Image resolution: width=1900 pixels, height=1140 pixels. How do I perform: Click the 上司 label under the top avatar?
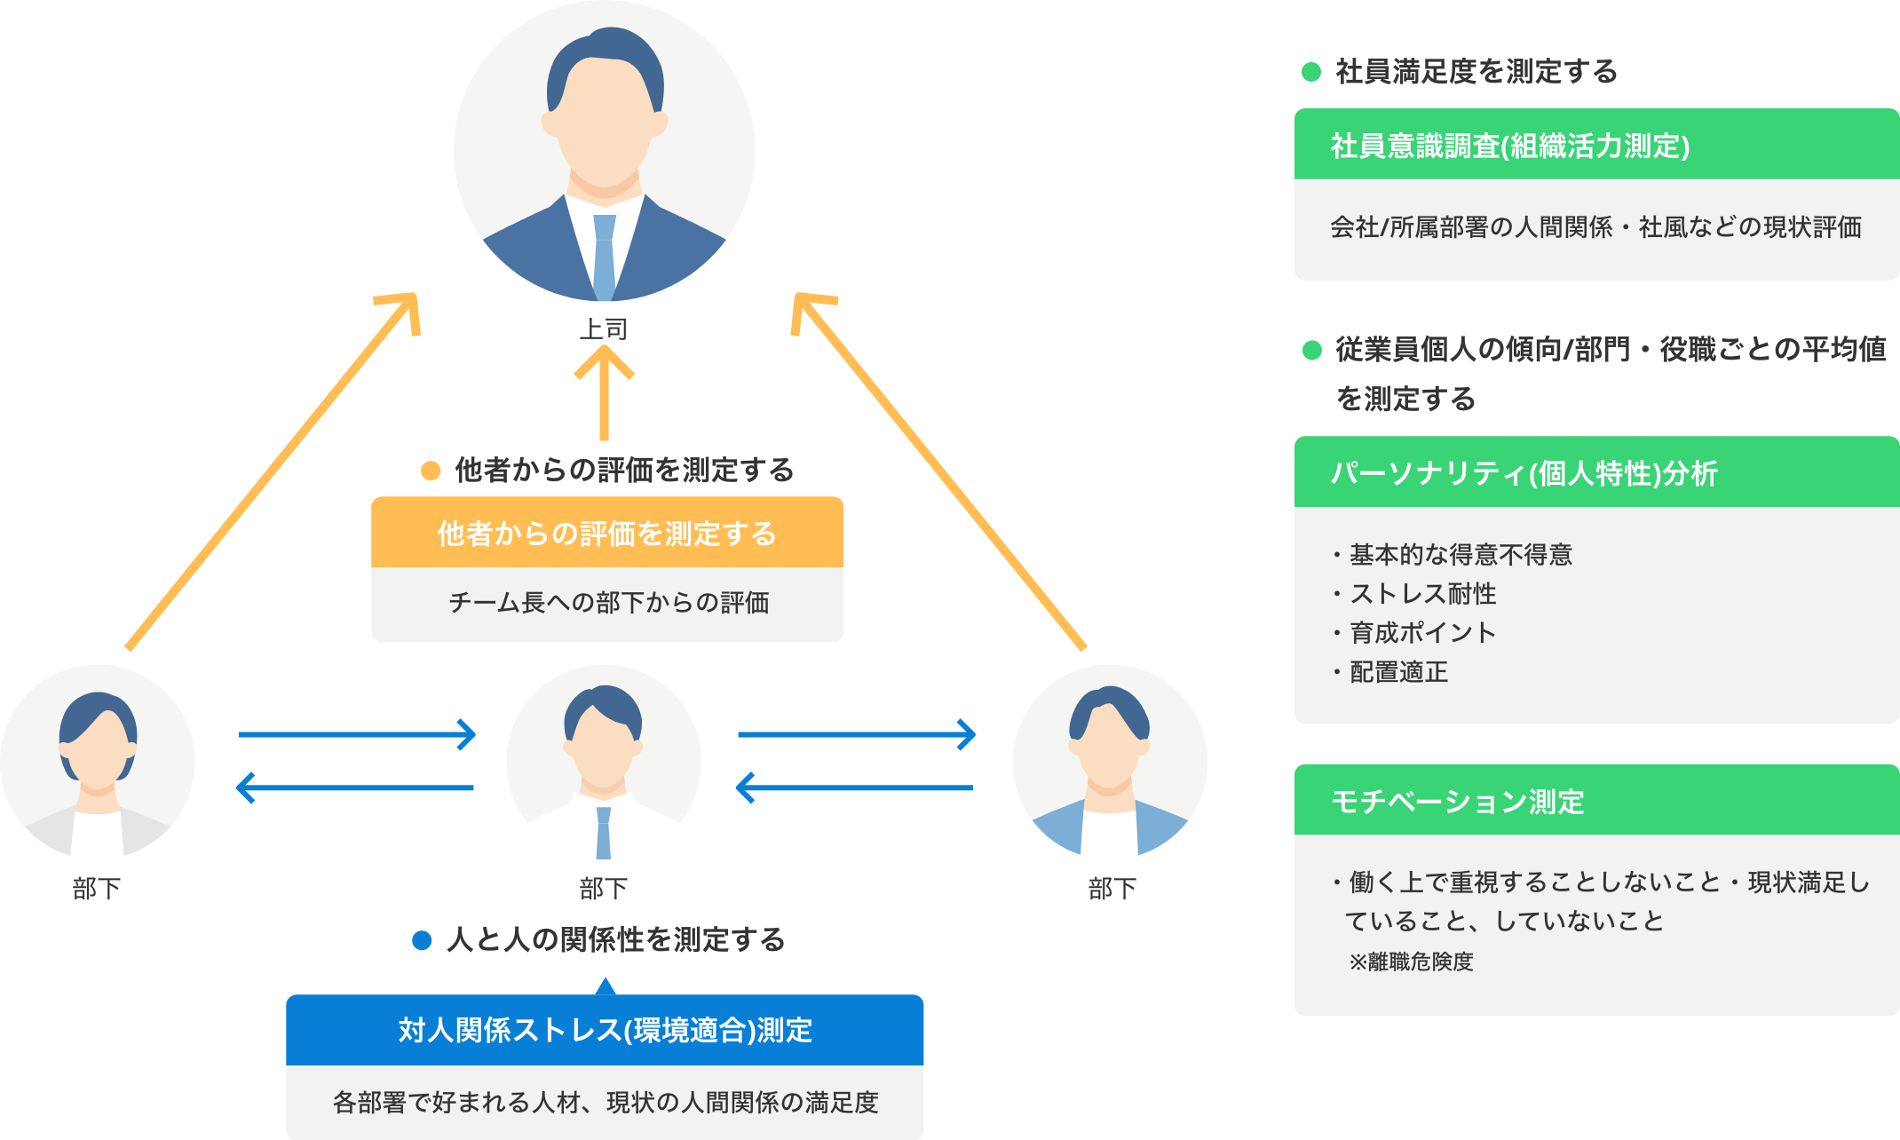tap(604, 329)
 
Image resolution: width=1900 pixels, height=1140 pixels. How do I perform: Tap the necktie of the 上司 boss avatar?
tap(604, 257)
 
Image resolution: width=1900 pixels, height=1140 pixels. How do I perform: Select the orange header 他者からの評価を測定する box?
tap(607, 534)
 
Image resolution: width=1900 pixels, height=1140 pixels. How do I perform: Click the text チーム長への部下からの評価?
tap(608, 603)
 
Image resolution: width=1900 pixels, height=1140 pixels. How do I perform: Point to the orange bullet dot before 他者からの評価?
tap(431, 471)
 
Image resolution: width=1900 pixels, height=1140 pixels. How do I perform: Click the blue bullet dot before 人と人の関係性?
tap(423, 940)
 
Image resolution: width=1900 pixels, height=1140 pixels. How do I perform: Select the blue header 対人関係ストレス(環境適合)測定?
tap(605, 1031)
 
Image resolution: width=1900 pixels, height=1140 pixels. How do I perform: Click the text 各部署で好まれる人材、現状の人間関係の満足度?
tap(605, 1103)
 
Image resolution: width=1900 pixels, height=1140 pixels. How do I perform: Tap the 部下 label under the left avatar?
tap(97, 889)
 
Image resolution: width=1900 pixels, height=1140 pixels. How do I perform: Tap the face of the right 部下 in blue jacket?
tap(1110, 746)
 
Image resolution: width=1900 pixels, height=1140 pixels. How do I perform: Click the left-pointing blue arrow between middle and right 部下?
tap(855, 788)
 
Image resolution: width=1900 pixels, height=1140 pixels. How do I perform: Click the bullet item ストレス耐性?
tap(1422, 594)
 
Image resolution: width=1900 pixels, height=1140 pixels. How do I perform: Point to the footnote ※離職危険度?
tap(1412, 962)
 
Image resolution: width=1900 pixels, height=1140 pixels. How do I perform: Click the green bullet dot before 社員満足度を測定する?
tap(1311, 72)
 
